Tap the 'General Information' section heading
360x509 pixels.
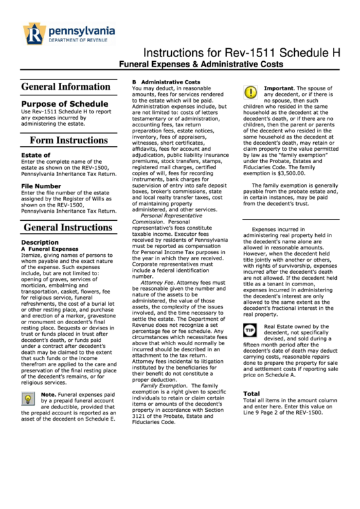(x=65, y=87)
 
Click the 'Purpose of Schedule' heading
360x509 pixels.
(x=60, y=103)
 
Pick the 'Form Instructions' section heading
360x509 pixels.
(x=69, y=141)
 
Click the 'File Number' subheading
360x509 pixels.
(x=41, y=186)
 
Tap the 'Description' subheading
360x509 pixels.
(x=39, y=242)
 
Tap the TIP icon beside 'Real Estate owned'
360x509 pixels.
(x=250, y=330)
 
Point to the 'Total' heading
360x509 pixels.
(x=251, y=393)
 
